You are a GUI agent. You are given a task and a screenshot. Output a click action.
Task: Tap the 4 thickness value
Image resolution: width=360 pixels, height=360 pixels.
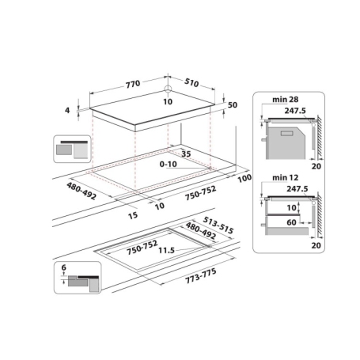(68, 111)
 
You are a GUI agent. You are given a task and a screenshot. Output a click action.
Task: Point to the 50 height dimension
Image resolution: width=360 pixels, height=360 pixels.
(232, 105)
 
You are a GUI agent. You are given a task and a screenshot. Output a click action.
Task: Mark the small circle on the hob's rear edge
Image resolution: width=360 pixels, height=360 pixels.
(169, 89)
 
